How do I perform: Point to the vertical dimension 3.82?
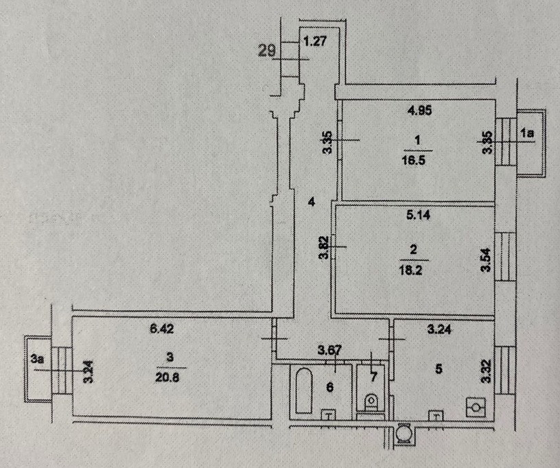pos(325,247)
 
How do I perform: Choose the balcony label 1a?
pos(526,135)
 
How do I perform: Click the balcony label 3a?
pos(36,358)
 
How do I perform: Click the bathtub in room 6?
pos(303,392)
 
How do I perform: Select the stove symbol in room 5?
pos(475,407)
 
